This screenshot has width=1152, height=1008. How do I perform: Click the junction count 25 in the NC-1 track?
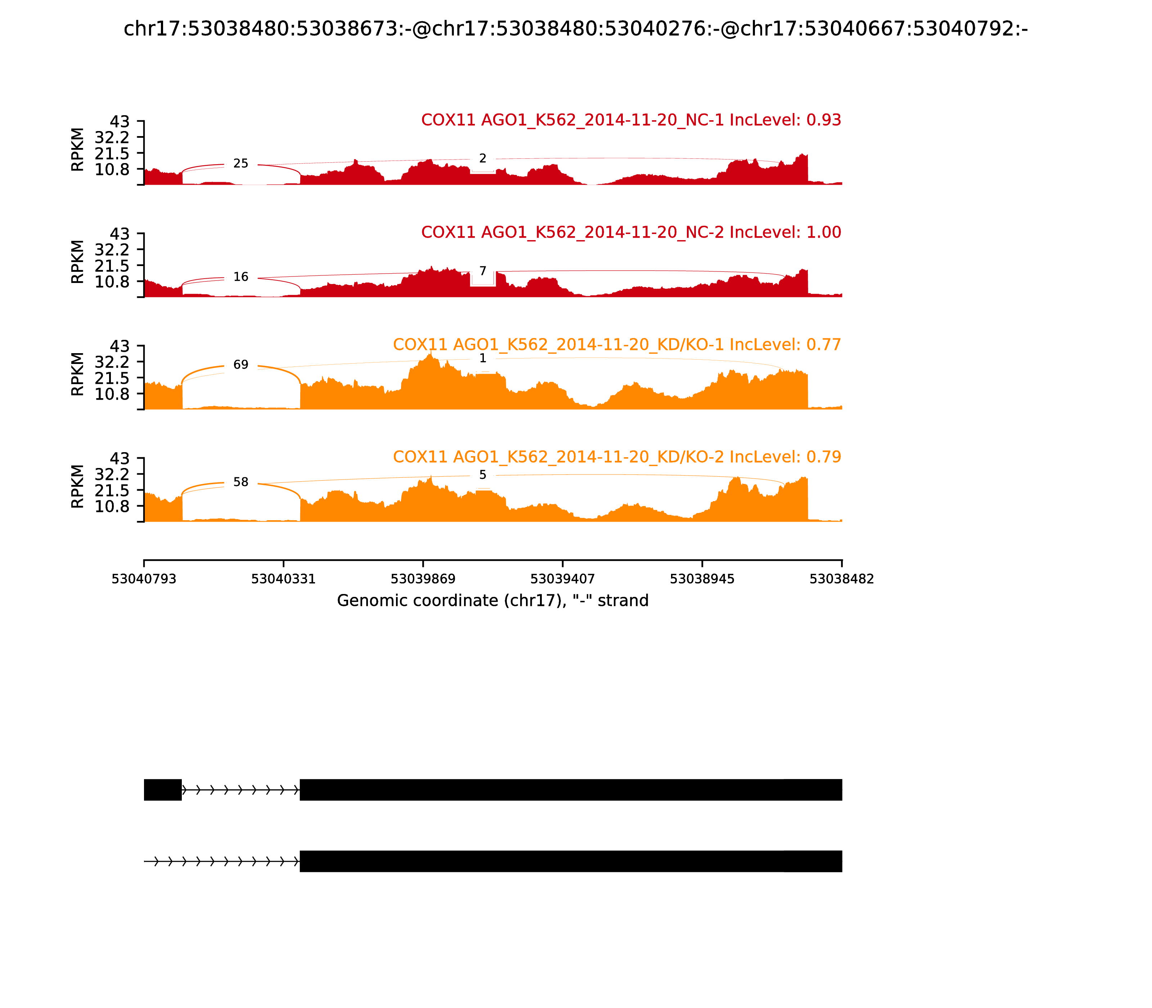pos(241,164)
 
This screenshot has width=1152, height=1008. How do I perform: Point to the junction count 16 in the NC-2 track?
pos(241,277)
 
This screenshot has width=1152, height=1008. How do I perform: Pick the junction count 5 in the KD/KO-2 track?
pos(483,475)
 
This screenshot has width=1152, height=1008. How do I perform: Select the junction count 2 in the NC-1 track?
pos(483,159)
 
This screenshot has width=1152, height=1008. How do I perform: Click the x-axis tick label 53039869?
pos(423,579)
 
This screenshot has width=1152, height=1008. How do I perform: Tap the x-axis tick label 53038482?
pos(842,579)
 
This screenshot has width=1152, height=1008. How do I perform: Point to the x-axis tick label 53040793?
pos(144,579)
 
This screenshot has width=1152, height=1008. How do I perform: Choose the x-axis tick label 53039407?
pos(562,579)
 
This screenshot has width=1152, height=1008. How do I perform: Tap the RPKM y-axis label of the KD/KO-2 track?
pos(78,487)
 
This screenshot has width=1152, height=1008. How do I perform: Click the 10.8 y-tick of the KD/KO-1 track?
pos(112,394)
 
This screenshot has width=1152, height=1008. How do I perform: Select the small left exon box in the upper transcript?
pos(163,790)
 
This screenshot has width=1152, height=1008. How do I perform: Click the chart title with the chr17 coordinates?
pos(575,29)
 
